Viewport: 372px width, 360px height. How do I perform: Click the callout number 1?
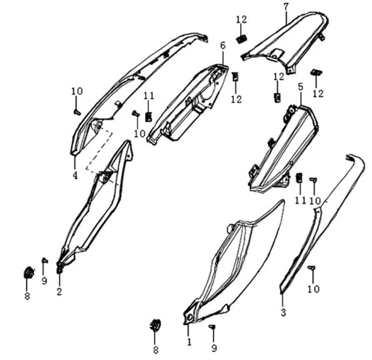pos(189,342)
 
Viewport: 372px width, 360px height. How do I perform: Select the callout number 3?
pos(283,312)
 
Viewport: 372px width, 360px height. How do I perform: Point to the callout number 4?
pos(75,175)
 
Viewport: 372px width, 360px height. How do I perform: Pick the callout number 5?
pos(301,87)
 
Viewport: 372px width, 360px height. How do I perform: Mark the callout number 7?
pos(286,7)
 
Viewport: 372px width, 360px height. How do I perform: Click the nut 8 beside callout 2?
pos(28,273)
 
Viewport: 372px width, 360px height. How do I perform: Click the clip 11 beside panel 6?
pos(149,116)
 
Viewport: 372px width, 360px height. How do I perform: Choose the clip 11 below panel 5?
pos(300,178)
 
